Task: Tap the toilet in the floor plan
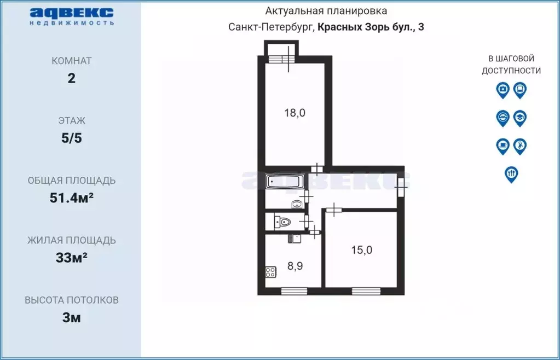point(283,222)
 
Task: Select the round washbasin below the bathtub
point(297,204)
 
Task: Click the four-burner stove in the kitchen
point(270,272)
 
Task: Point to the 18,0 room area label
point(295,113)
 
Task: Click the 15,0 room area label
point(361,250)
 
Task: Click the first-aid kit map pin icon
point(503,89)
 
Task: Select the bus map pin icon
point(520,89)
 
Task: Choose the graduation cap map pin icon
point(520,118)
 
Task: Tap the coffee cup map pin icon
point(503,146)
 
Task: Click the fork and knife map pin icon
point(511,174)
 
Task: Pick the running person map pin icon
point(520,146)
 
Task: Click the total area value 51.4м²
point(72,198)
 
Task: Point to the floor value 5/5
point(72,138)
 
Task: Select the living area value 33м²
point(72,258)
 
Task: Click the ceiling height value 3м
point(72,318)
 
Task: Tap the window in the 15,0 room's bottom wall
point(365,291)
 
